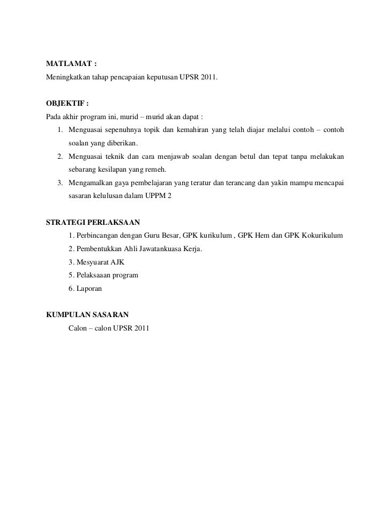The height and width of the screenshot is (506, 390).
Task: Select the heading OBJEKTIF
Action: (64, 104)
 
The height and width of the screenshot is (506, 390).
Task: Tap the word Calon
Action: (77, 327)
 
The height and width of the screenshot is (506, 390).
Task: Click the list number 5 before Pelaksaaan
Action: (71, 275)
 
